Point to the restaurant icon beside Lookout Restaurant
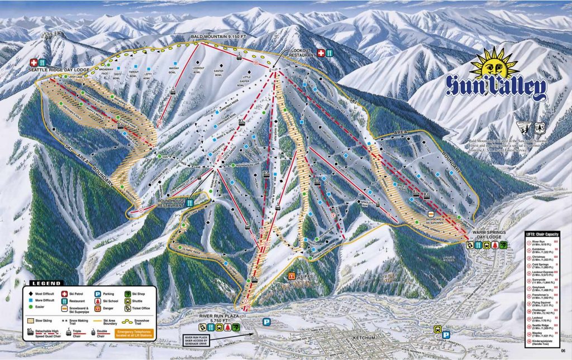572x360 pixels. (331, 53)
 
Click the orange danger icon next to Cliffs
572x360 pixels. (291, 276)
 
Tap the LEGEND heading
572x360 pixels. (47, 282)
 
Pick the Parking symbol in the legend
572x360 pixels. (98, 292)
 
